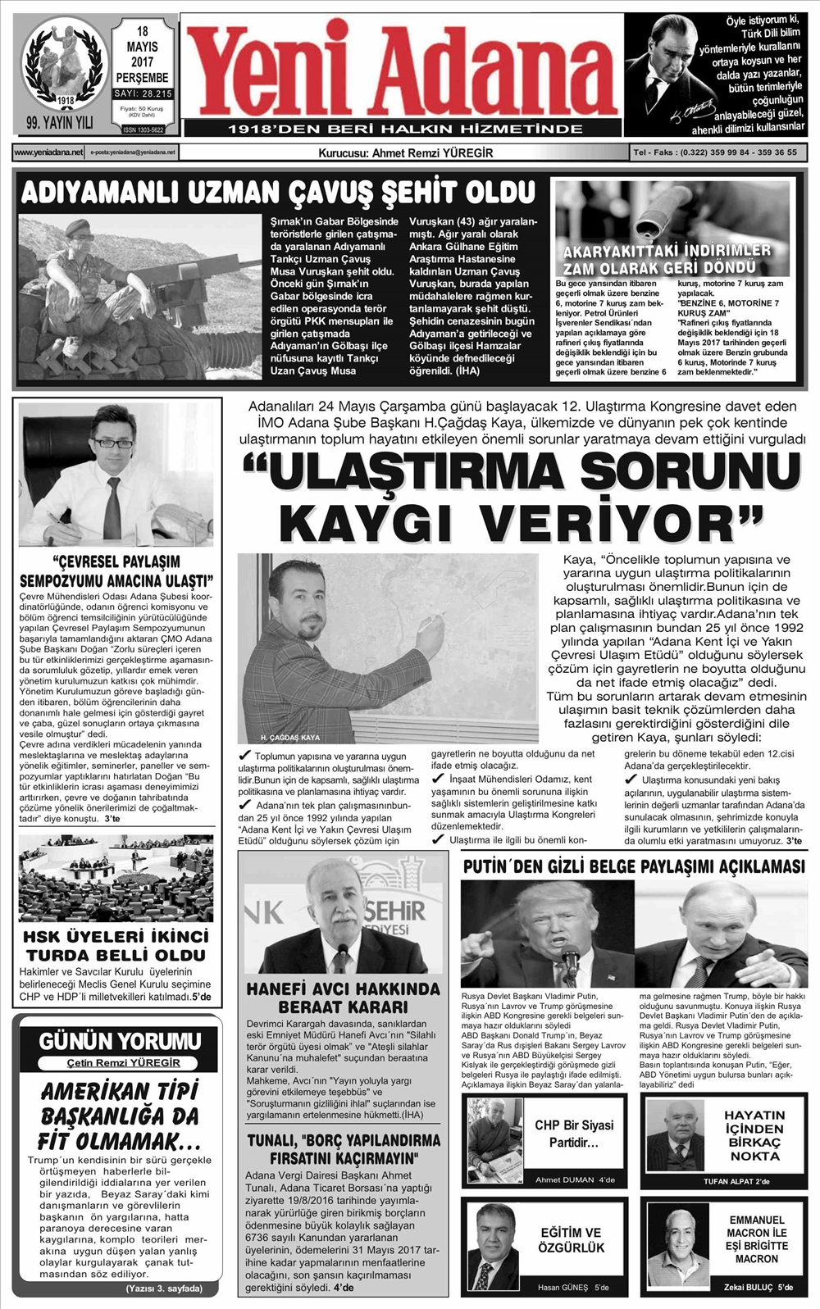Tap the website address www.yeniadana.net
(48, 152)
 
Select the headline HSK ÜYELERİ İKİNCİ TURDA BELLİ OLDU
(116, 945)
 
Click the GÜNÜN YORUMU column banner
(120, 1042)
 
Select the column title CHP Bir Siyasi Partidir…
(574, 1134)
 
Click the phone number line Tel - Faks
(714, 152)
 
